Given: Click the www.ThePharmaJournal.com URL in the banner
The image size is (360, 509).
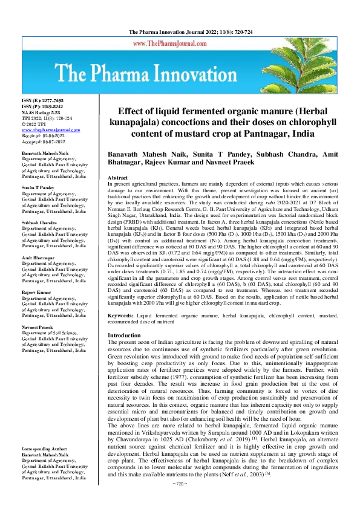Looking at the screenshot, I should point(180,44).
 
